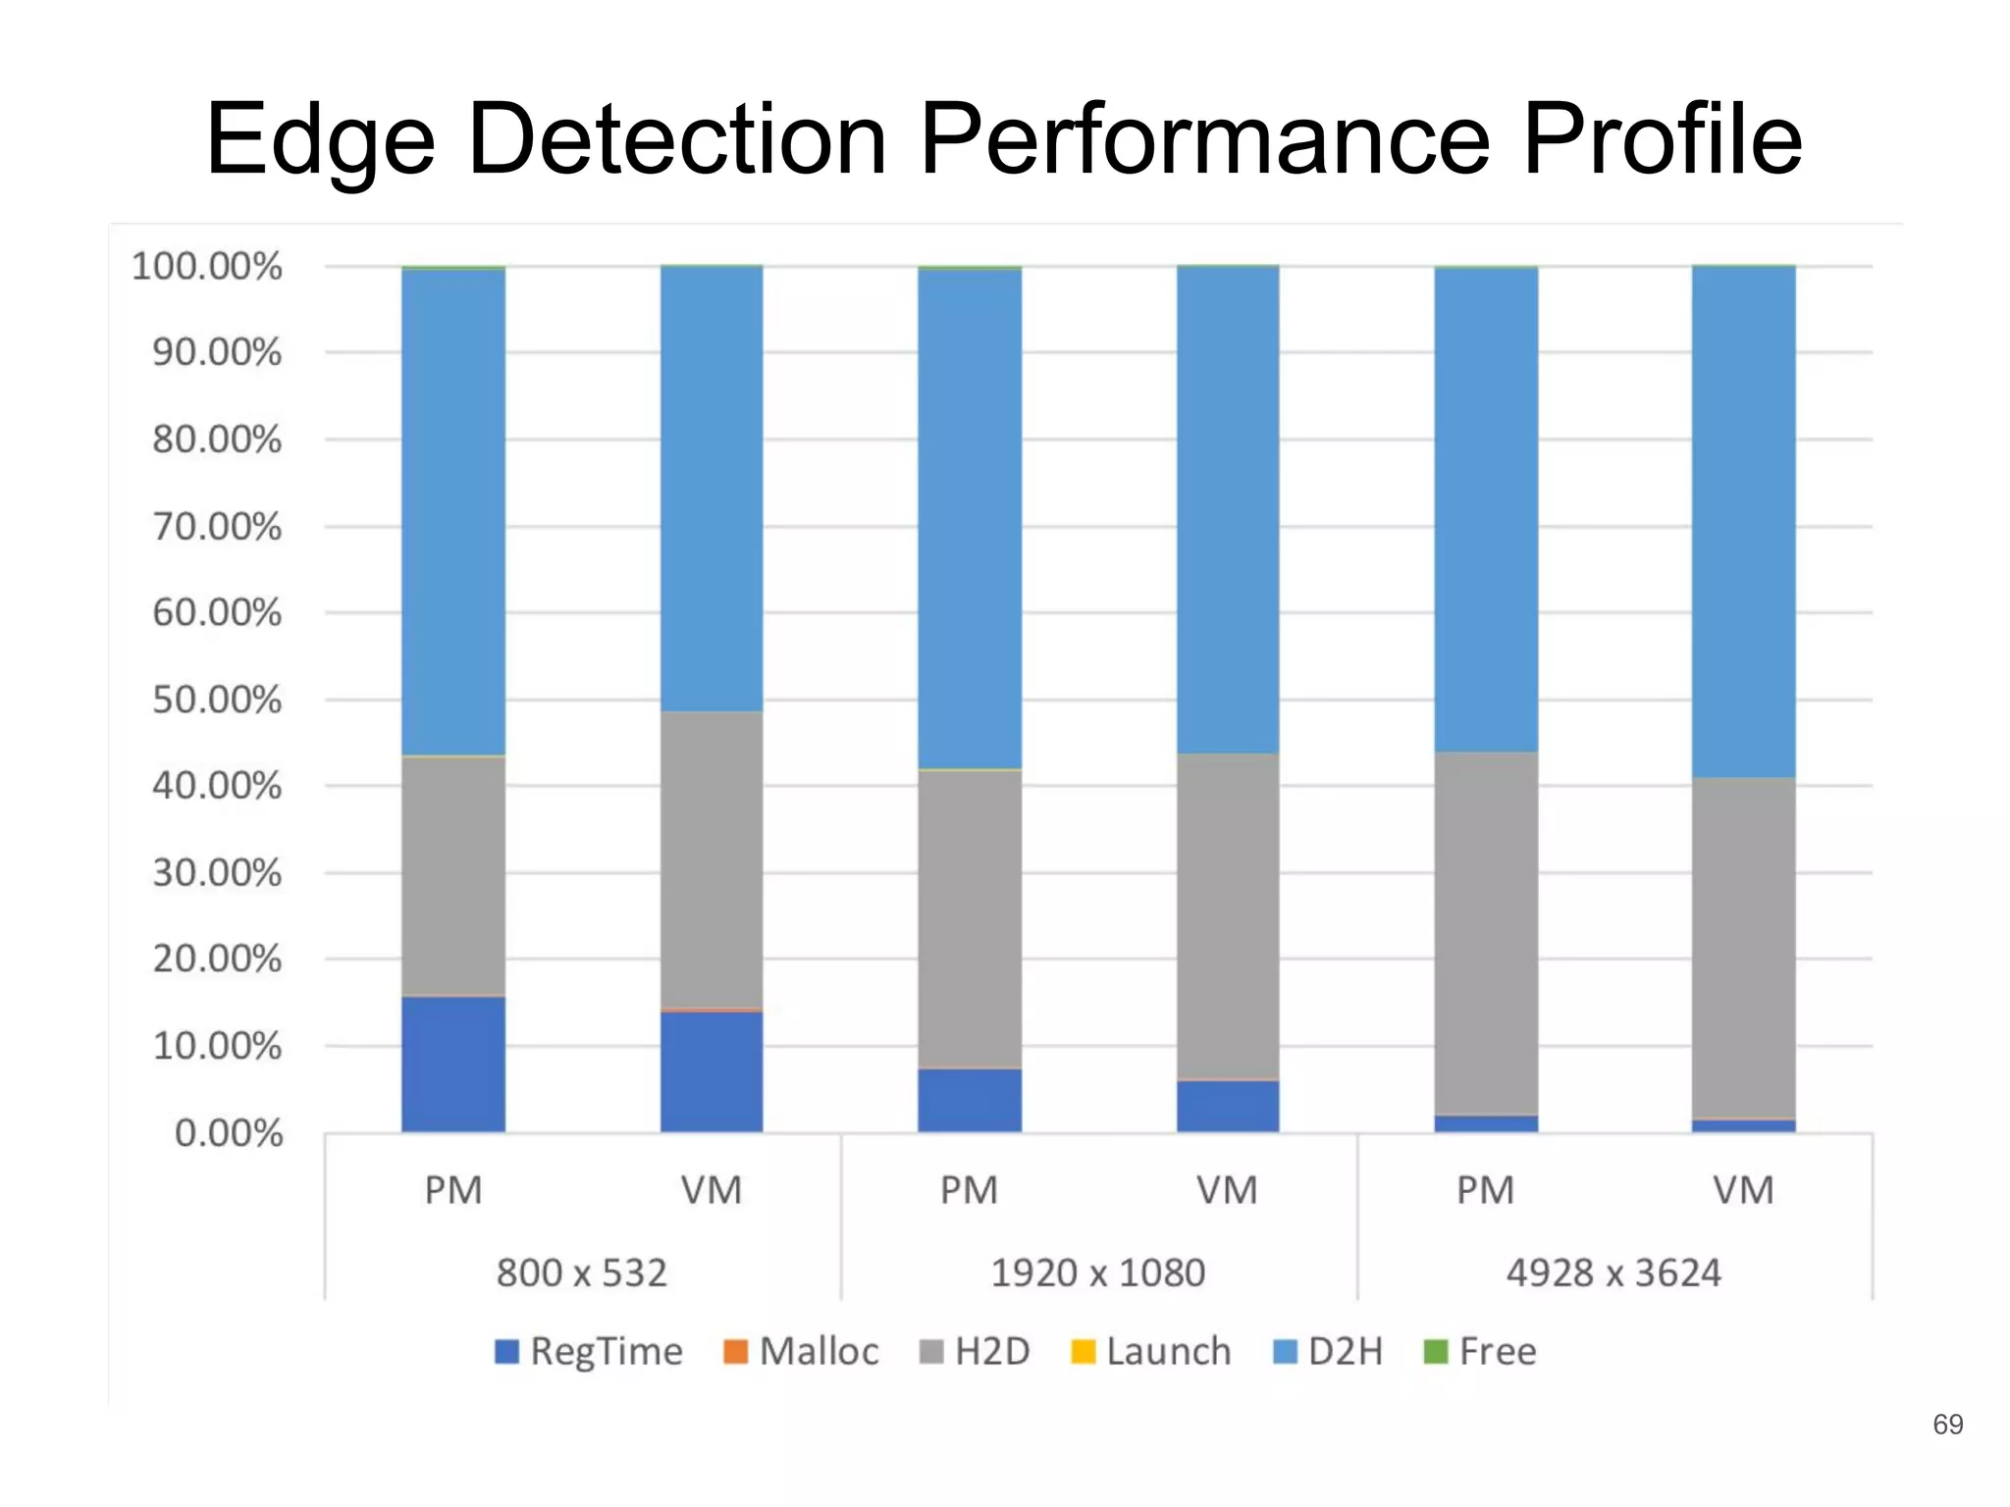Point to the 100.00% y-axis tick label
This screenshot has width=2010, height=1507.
(x=207, y=266)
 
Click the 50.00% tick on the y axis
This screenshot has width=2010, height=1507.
(x=217, y=700)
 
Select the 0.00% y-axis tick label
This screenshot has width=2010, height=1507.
(x=229, y=1133)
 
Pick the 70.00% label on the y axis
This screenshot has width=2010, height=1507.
(x=217, y=527)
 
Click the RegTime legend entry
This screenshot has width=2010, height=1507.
(x=589, y=1351)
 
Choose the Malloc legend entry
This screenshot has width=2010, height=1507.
(x=801, y=1351)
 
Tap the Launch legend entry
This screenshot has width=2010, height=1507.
(x=1150, y=1351)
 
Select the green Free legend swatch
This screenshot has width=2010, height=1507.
(x=1435, y=1351)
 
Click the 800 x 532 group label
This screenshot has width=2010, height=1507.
(x=582, y=1273)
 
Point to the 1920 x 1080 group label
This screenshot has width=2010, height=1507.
(x=1098, y=1273)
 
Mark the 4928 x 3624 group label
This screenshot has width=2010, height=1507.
(x=1614, y=1273)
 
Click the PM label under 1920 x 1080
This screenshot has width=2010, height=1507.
(x=970, y=1190)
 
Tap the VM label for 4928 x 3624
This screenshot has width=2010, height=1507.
(x=1744, y=1190)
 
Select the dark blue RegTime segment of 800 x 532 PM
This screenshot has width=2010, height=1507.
(x=453, y=1065)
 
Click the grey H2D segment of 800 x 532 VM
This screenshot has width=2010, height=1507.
(x=712, y=859)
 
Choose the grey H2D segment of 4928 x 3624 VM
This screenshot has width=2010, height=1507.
(x=1744, y=948)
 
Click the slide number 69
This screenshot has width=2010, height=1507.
(x=1948, y=1425)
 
